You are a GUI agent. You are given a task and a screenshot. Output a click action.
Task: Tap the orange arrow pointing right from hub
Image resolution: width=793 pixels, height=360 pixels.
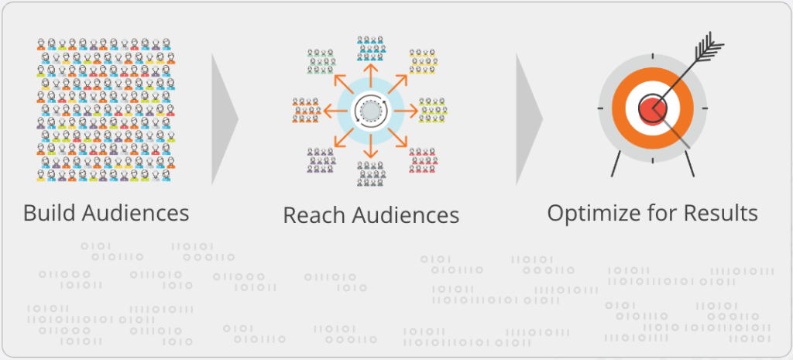click(x=407, y=111)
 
